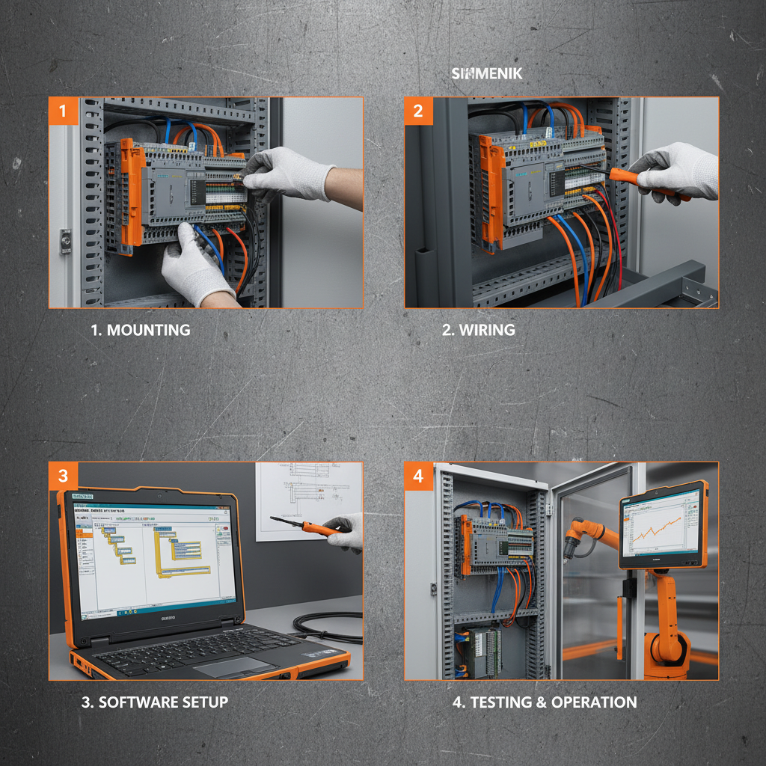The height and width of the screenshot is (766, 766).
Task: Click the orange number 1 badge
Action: tap(63, 111)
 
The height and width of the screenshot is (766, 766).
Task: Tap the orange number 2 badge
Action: tap(418, 111)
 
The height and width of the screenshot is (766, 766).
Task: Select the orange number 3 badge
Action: tap(63, 477)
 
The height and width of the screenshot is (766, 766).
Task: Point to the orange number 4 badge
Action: tap(418, 477)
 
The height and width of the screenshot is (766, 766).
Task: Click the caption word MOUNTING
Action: tap(149, 330)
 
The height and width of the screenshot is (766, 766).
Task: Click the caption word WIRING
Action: tap(487, 330)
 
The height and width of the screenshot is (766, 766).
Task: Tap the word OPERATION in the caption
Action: tap(594, 702)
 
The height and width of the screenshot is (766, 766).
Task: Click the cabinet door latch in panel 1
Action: tap(66, 241)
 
